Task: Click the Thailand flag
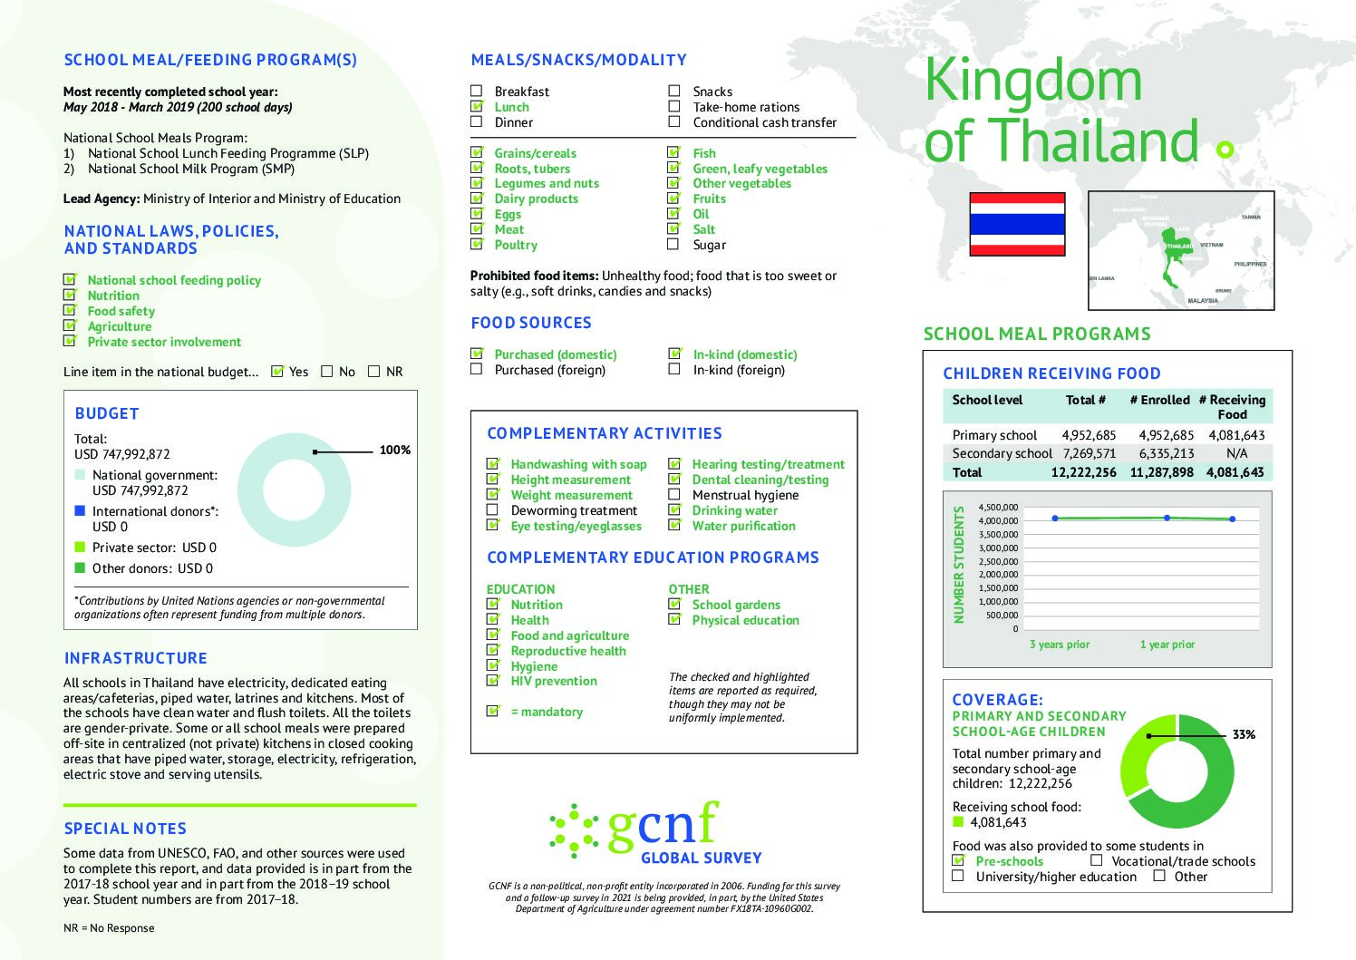point(1017,224)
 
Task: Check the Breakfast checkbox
point(477,91)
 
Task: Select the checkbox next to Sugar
point(673,244)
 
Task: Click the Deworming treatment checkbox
point(492,509)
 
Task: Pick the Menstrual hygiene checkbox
point(673,494)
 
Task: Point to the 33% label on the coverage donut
point(1244,734)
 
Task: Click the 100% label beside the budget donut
point(394,450)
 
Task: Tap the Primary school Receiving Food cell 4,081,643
point(1236,435)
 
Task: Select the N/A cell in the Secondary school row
point(1236,453)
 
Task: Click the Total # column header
point(1085,400)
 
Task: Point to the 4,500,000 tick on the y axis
point(998,508)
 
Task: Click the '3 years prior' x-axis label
point(1060,645)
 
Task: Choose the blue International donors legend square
point(80,511)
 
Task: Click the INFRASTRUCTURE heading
point(135,658)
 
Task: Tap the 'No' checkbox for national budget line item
point(327,371)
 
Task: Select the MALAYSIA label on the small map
point(1203,300)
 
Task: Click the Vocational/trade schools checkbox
point(1097,860)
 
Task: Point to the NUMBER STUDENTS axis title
point(958,565)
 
